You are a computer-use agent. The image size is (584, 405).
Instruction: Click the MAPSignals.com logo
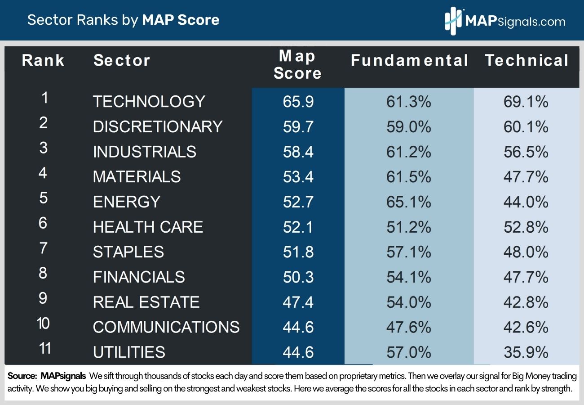click(x=505, y=21)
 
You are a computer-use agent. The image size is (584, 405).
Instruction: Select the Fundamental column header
click(x=409, y=61)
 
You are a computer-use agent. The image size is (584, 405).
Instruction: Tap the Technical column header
click(x=527, y=61)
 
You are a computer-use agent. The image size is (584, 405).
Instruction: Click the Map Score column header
click(x=297, y=65)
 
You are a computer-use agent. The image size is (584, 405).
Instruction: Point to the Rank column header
click(x=43, y=61)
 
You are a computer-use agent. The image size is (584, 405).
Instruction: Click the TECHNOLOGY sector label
click(x=149, y=102)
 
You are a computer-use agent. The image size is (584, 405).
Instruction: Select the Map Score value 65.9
click(x=298, y=102)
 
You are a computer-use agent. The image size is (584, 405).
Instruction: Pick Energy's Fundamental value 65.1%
click(x=408, y=202)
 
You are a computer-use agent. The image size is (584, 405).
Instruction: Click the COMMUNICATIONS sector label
click(x=166, y=327)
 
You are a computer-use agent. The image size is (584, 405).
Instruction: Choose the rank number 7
click(x=43, y=248)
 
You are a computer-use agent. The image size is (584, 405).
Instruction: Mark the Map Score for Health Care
click(x=298, y=227)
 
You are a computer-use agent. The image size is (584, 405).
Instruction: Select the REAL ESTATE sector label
click(x=146, y=302)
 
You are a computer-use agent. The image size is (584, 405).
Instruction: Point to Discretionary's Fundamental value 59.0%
click(x=408, y=127)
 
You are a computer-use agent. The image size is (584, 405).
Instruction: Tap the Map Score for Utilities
click(x=298, y=352)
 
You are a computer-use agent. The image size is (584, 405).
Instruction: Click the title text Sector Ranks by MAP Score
click(x=123, y=20)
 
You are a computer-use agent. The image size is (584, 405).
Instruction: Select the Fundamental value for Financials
click(x=408, y=277)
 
